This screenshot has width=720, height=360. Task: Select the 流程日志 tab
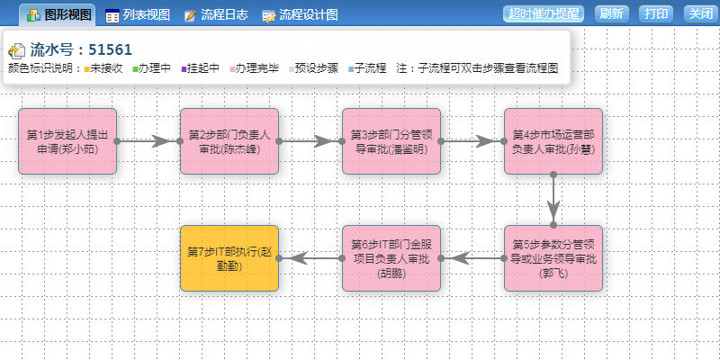(216, 14)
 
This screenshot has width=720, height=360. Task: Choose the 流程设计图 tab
(301, 14)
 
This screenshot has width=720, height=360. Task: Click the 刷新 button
(611, 13)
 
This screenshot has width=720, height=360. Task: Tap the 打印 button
(657, 13)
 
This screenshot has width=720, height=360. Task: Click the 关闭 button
(700, 13)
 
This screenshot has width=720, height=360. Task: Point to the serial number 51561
(112, 50)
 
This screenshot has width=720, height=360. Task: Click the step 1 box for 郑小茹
(67, 141)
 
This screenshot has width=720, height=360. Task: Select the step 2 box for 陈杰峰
(229, 141)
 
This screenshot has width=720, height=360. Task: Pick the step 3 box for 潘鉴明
(391, 141)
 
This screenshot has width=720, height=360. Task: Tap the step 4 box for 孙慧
(553, 141)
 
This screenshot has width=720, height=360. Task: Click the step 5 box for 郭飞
(553, 258)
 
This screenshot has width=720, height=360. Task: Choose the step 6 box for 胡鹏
(391, 258)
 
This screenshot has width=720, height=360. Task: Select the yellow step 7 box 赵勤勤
(229, 258)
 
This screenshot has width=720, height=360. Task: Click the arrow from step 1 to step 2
(148, 141)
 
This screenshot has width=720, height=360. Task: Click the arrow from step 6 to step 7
(310, 258)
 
